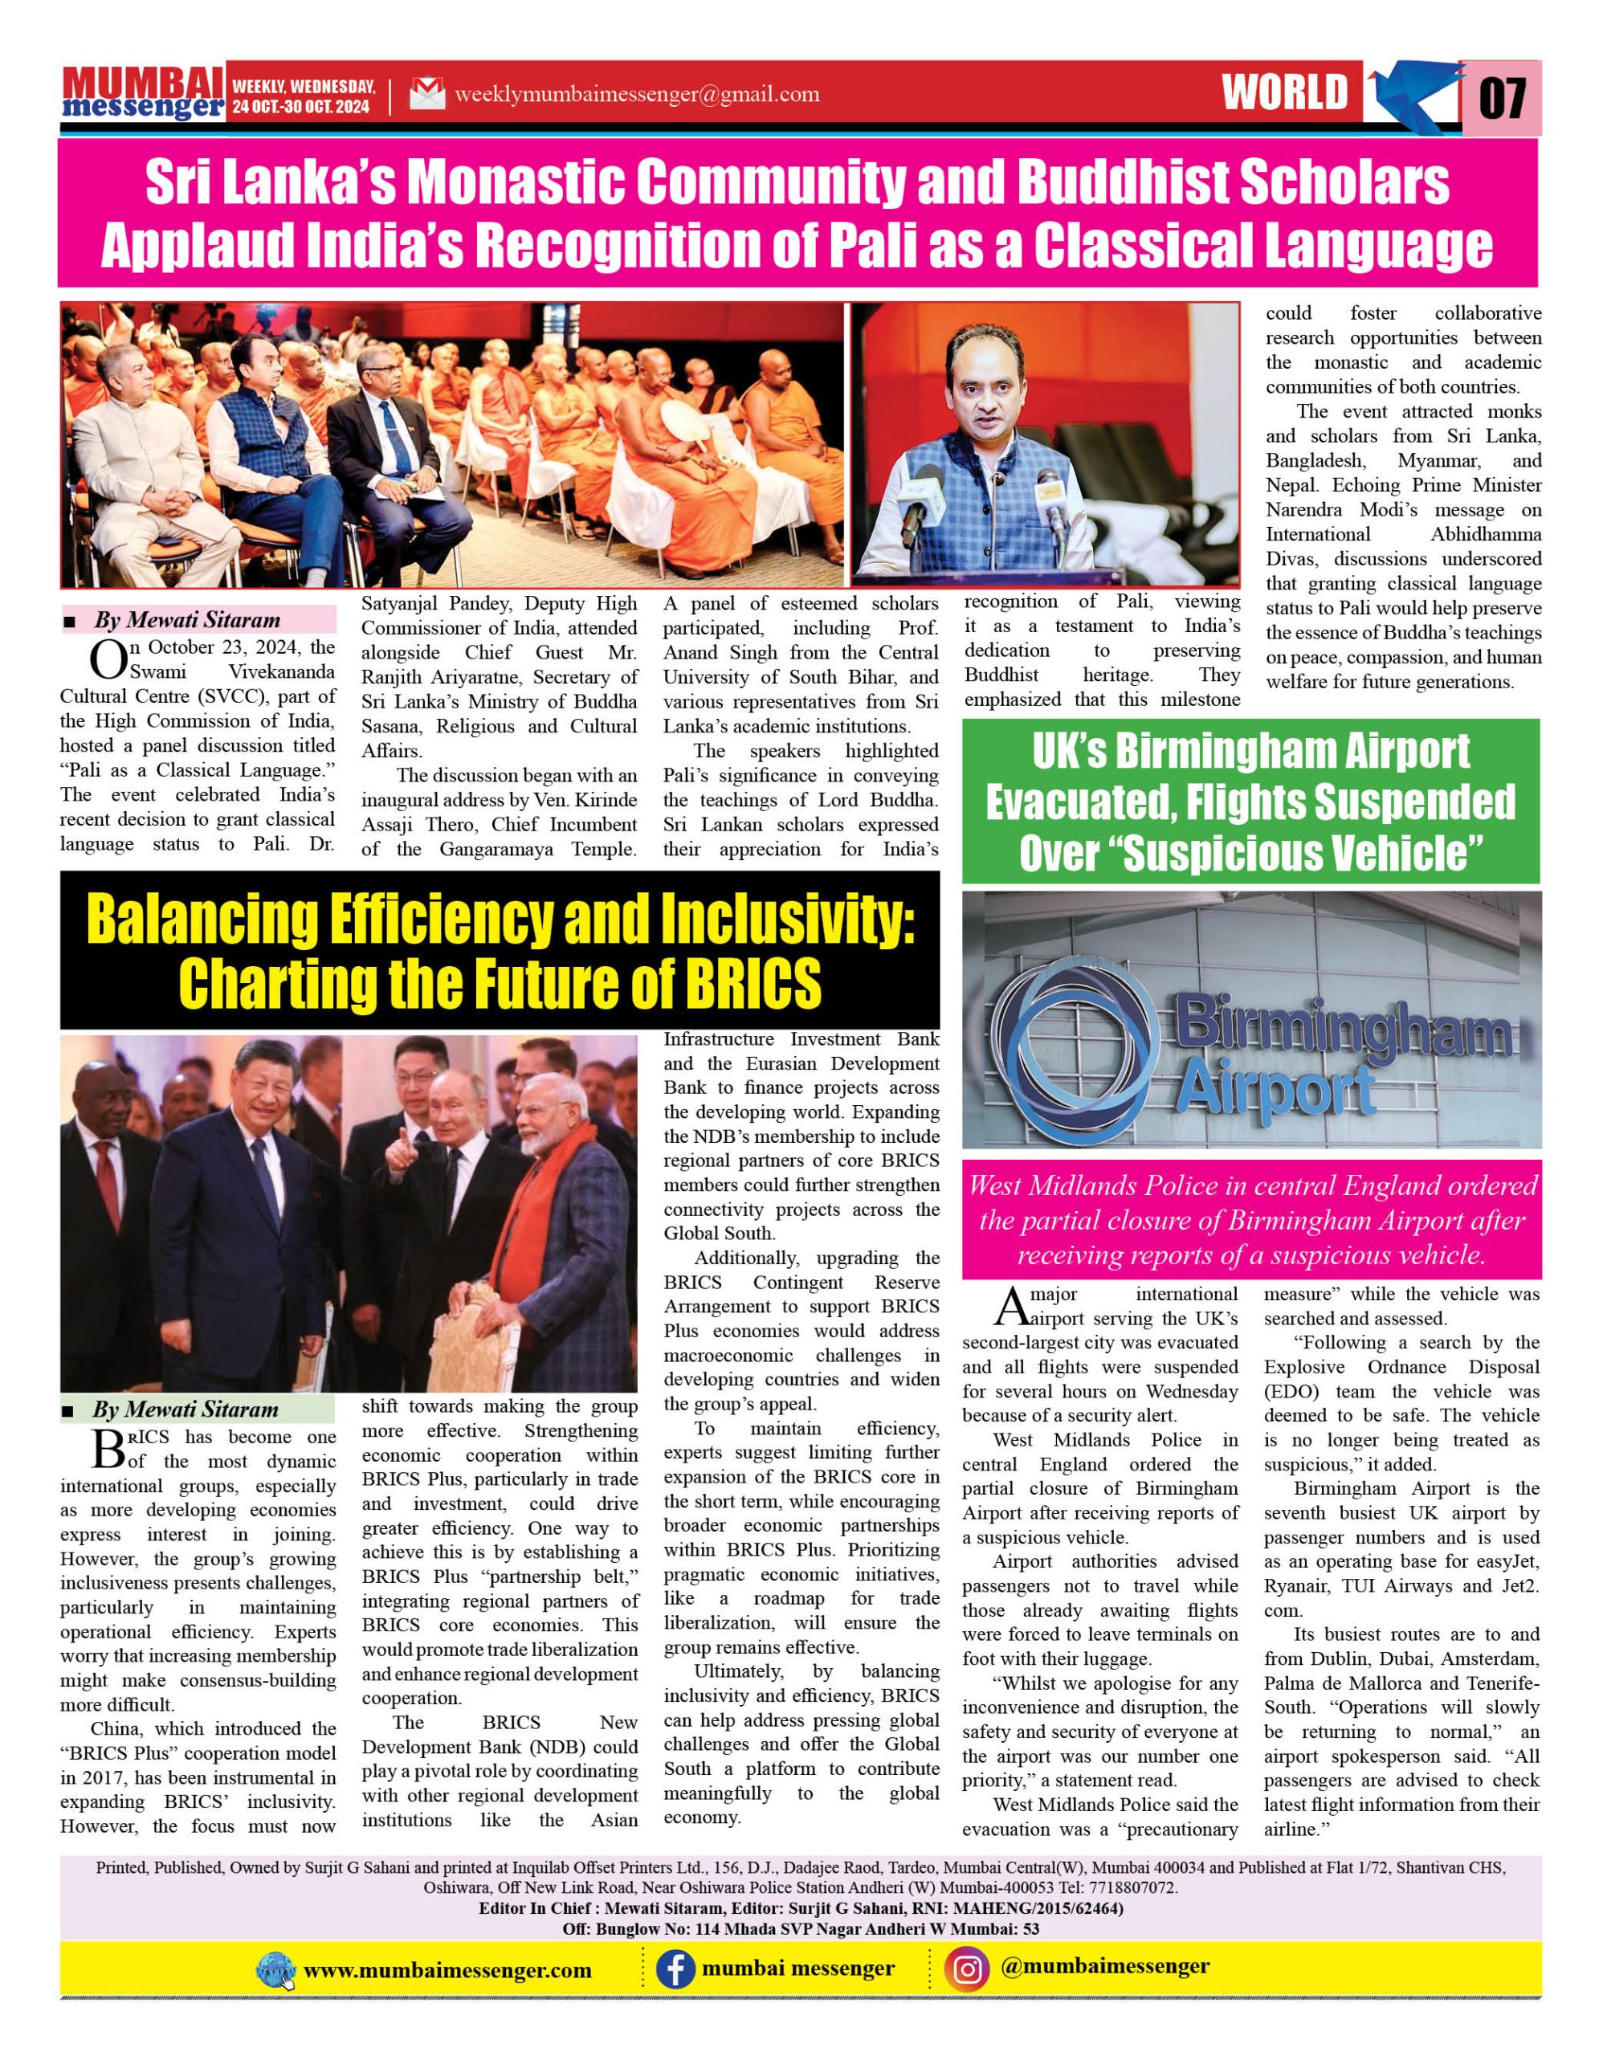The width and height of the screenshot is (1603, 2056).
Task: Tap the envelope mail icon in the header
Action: [x=426, y=94]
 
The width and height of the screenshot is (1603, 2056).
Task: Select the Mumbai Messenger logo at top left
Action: [x=143, y=94]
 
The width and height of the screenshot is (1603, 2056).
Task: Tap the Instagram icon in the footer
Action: [x=967, y=1969]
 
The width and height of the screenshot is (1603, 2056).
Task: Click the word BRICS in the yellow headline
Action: [x=753, y=985]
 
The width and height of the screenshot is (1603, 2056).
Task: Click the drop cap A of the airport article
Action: [x=1009, y=1307]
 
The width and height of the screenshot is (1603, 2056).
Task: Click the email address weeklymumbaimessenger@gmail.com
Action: [x=636, y=94]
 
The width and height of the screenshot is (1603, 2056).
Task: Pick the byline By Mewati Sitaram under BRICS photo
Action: [x=186, y=1409]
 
